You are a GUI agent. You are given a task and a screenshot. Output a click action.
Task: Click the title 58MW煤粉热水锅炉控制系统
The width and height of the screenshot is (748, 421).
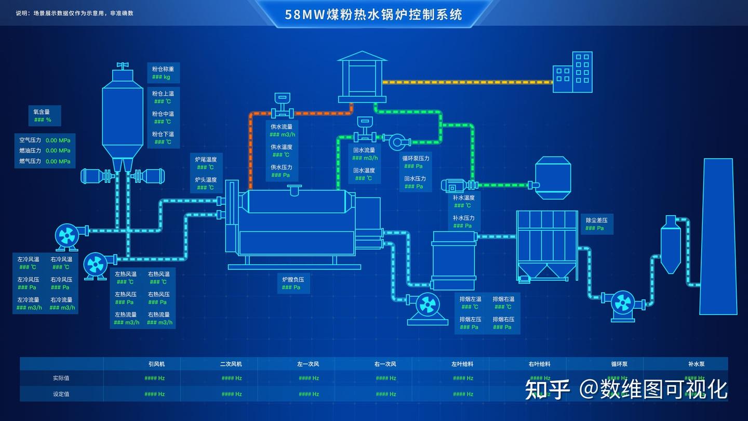[373, 14]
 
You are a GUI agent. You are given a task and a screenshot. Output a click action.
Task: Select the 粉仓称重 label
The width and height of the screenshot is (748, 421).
[163, 69]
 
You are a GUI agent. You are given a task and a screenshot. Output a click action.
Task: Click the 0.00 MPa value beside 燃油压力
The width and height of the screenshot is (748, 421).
[58, 151]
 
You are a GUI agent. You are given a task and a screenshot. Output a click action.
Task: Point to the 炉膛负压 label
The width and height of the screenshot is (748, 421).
[293, 280]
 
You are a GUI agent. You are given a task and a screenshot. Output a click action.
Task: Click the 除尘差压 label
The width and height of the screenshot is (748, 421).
[596, 220]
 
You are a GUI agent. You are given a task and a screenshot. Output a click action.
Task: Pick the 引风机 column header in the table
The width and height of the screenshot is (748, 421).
[156, 364]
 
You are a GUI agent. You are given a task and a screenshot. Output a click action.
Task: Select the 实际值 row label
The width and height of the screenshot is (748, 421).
[61, 378]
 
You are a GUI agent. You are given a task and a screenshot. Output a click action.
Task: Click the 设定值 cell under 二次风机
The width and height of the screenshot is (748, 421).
[231, 394]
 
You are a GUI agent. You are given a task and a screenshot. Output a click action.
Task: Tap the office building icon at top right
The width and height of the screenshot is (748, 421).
[572, 72]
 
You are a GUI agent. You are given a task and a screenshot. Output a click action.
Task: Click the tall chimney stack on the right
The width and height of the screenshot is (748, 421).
[718, 236]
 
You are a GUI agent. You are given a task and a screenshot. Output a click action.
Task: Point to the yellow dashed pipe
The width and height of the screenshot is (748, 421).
[468, 82]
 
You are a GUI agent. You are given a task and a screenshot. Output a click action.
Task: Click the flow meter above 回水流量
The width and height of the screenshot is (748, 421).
[364, 130]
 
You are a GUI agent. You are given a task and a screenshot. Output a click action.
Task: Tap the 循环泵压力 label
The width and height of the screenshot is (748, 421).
[416, 159]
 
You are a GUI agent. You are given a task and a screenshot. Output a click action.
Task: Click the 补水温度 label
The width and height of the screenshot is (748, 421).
[463, 198]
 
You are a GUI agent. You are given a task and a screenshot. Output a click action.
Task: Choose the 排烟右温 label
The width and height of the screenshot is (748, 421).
[503, 299]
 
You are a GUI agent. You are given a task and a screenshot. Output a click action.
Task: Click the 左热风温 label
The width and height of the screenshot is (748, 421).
[126, 274]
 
